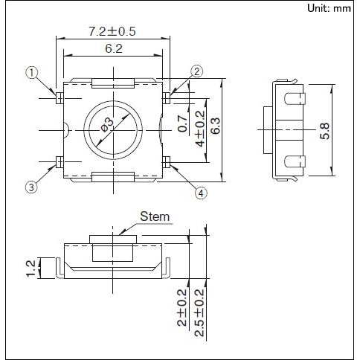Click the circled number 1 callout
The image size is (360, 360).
coord(30,72)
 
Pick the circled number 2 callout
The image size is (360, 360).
coord(197,71)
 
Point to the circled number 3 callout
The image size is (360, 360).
coord(30,187)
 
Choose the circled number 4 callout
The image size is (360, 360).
coord(200,193)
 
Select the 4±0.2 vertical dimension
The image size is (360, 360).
coord(199,128)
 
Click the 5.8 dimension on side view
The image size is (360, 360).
coord(325,131)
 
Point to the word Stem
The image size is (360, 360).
coord(155,217)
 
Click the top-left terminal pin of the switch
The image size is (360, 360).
coord(59,96)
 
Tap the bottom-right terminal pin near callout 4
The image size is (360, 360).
coord(167,161)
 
